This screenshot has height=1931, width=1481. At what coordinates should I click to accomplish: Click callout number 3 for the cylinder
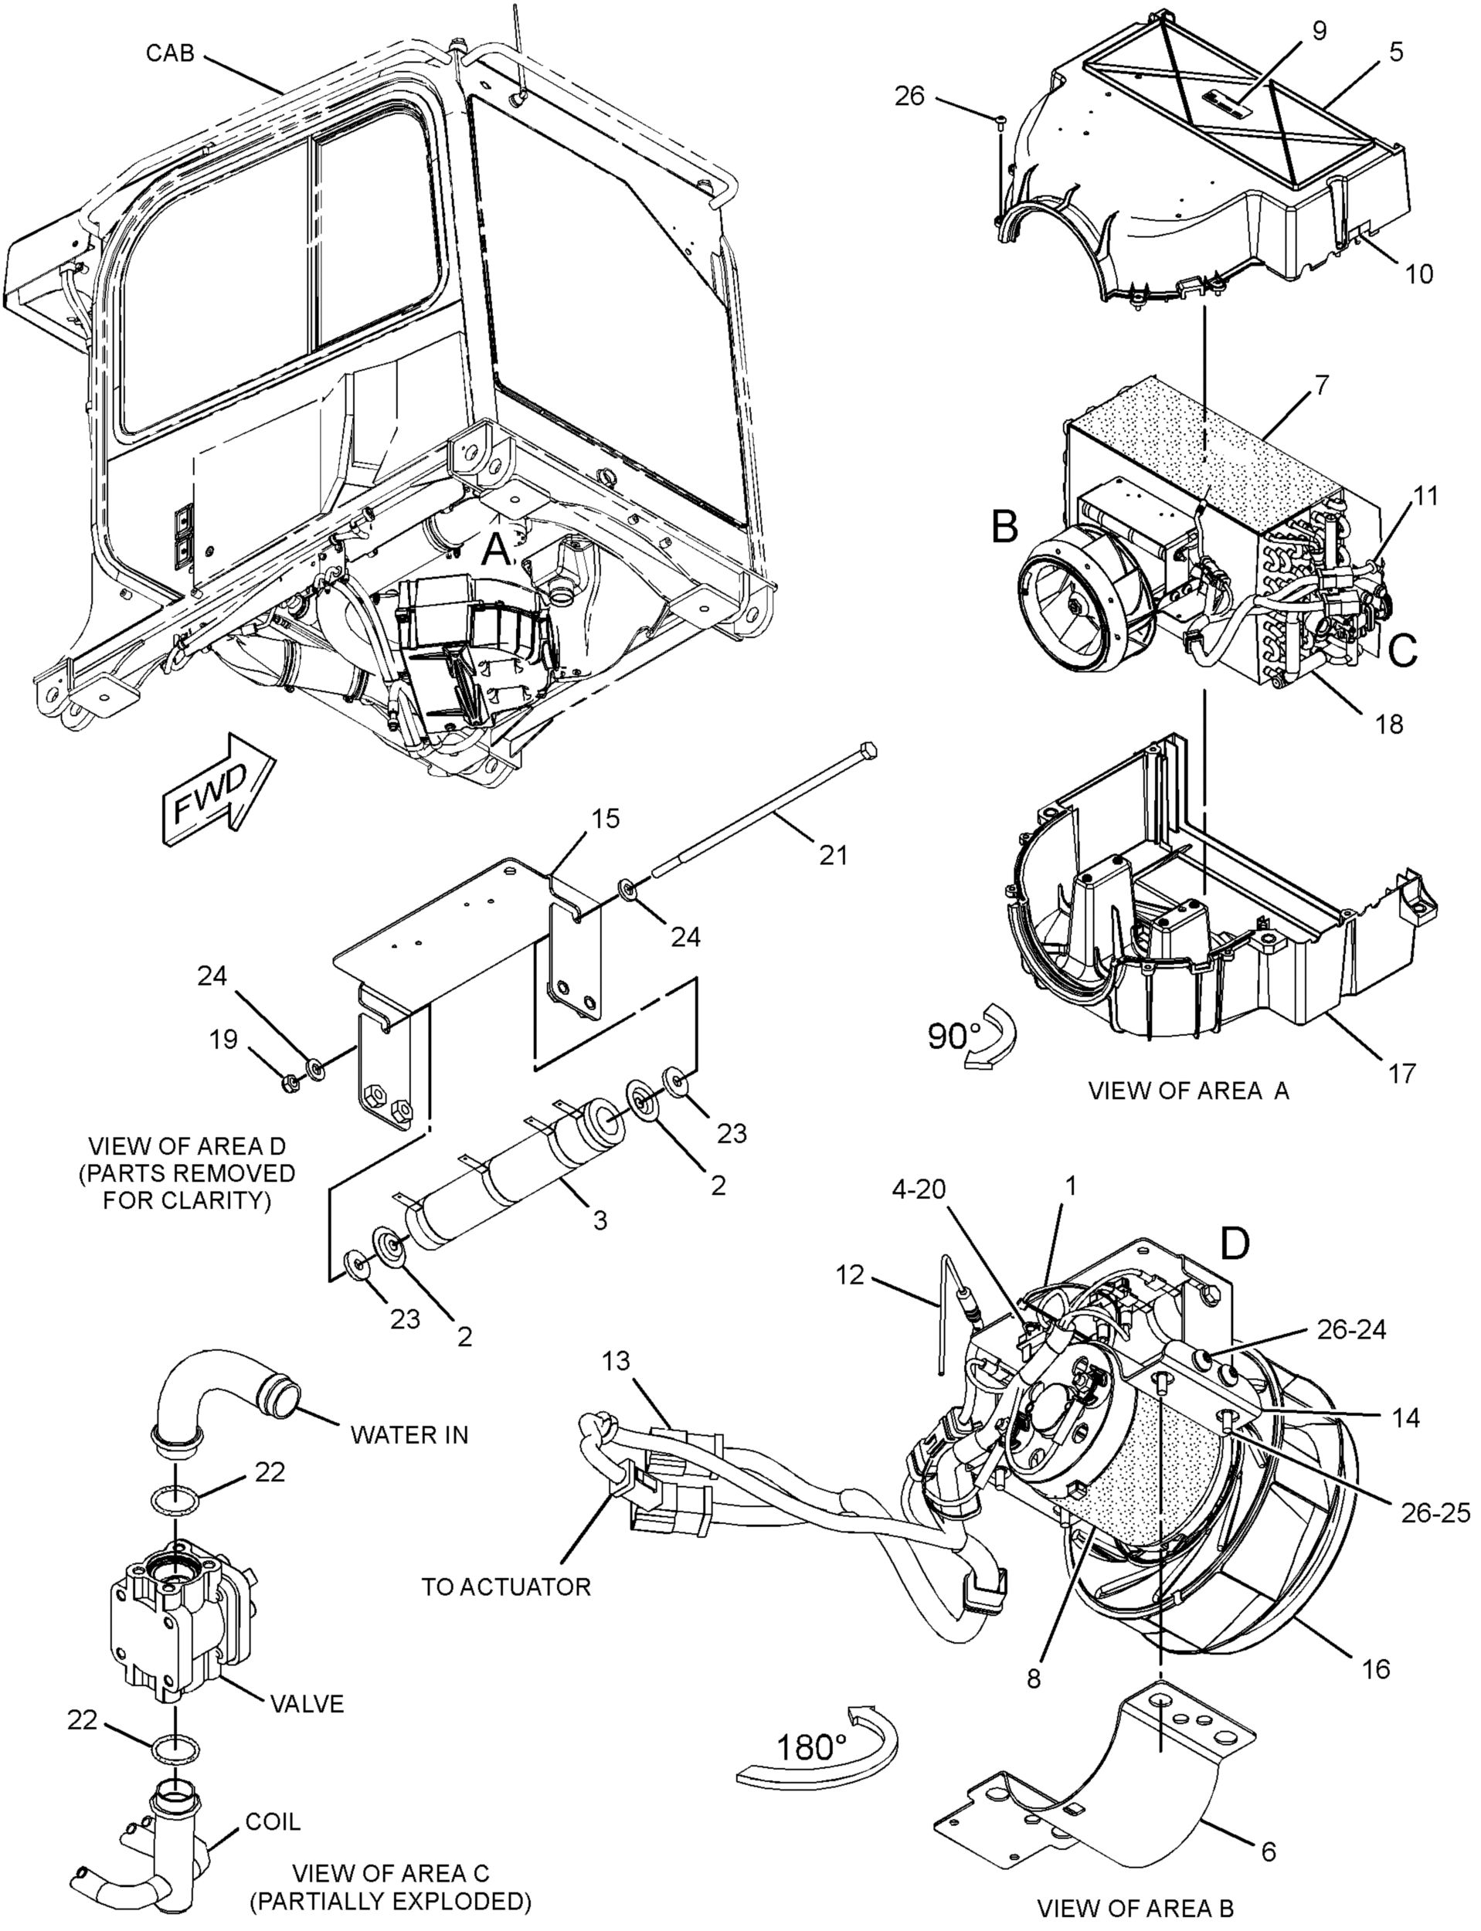[x=600, y=1220]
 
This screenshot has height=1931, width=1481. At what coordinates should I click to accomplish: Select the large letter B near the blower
[x=1004, y=526]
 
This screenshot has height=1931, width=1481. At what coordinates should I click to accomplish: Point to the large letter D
[x=1235, y=1243]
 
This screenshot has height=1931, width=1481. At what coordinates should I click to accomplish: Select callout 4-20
[x=919, y=1189]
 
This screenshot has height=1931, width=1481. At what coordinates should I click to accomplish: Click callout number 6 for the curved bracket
[x=1269, y=1849]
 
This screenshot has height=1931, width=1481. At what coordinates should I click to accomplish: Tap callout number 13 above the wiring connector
[x=617, y=1362]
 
